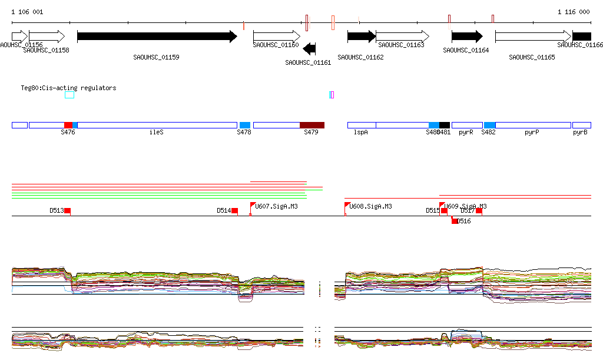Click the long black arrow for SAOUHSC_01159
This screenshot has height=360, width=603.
point(157,37)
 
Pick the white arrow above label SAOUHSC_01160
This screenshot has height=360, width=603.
point(276,37)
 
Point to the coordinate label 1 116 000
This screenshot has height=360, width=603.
point(574,12)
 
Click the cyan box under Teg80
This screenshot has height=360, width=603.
point(69,95)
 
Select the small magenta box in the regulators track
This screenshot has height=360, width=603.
point(332,95)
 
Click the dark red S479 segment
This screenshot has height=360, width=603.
point(312,125)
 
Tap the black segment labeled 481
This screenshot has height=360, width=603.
point(445,125)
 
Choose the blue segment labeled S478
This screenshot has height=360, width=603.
point(245,125)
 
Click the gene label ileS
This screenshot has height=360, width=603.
point(156,133)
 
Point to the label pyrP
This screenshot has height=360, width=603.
point(532,133)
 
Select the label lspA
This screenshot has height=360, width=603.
point(360,133)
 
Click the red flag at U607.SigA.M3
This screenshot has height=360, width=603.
point(253,206)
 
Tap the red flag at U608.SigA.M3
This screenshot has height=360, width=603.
point(347,205)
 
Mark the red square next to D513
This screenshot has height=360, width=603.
point(68,210)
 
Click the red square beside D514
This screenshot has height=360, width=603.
point(234,210)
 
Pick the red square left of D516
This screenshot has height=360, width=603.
point(454,221)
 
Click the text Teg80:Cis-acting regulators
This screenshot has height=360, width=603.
point(68,88)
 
